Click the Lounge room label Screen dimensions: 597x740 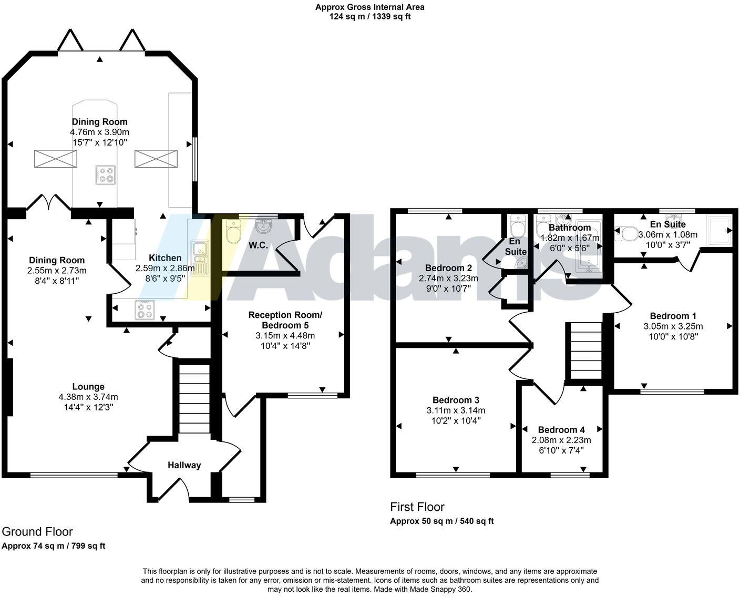coord(88,387)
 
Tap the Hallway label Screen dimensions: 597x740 coord(184,465)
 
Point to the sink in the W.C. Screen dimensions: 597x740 coord(263,226)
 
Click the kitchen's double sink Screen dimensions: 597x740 coord(200,258)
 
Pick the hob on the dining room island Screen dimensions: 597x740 coord(105,175)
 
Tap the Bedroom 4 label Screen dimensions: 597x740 coord(561,430)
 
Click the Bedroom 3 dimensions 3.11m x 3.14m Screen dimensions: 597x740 coord(456,410)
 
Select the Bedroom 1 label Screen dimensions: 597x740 coord(673,316)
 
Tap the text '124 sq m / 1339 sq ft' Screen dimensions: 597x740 coord(369,16)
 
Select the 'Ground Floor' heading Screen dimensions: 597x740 coord(37,531)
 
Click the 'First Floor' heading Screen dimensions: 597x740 coord(417,507)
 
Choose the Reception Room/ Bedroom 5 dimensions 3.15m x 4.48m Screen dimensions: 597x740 coord(285,335)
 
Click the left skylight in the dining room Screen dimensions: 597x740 coord(55,159)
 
